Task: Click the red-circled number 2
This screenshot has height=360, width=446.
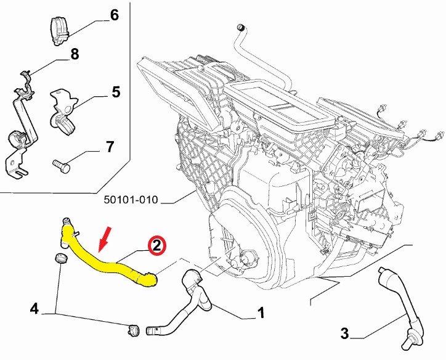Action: coord(156,245)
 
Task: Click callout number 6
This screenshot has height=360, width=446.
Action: coord(114,15)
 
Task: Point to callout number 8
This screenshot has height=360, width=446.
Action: coord(75,54)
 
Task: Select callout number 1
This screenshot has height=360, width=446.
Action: coord(261,314)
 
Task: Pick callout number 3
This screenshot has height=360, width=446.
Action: coord(344,334)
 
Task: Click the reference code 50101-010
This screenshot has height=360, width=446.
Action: coord(131,200)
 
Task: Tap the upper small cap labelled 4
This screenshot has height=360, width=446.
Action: coord(60,258)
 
